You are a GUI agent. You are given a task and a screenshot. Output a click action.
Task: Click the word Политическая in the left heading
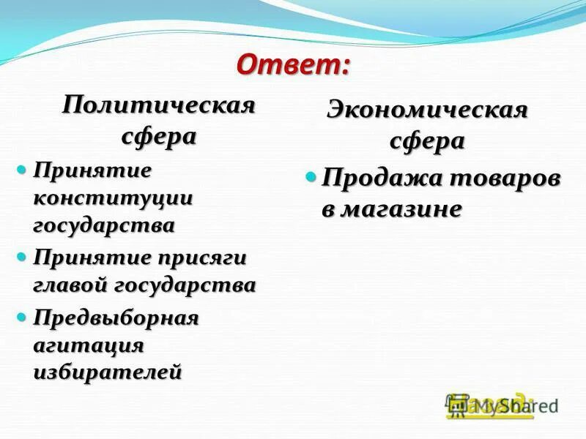tap(158, 105)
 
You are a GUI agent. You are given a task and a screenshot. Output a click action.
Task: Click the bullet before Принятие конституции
tap(22, 170)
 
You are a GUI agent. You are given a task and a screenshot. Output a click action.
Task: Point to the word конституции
tap(112, 198)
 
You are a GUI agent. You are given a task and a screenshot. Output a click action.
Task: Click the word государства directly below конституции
tap(103, 225)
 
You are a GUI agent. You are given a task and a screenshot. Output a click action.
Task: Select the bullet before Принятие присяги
tap(22, 258)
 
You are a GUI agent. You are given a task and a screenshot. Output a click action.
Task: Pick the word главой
tap(72, 285)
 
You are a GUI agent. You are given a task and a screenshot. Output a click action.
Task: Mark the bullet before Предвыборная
tap(22, 318)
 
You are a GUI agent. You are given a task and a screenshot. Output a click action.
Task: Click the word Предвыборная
tap(115, 318)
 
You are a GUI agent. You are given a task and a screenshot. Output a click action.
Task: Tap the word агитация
tap(88, 345)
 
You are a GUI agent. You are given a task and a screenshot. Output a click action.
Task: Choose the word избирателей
tap(107, 372)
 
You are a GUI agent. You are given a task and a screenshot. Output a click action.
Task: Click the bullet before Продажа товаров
tap(311, 177)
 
